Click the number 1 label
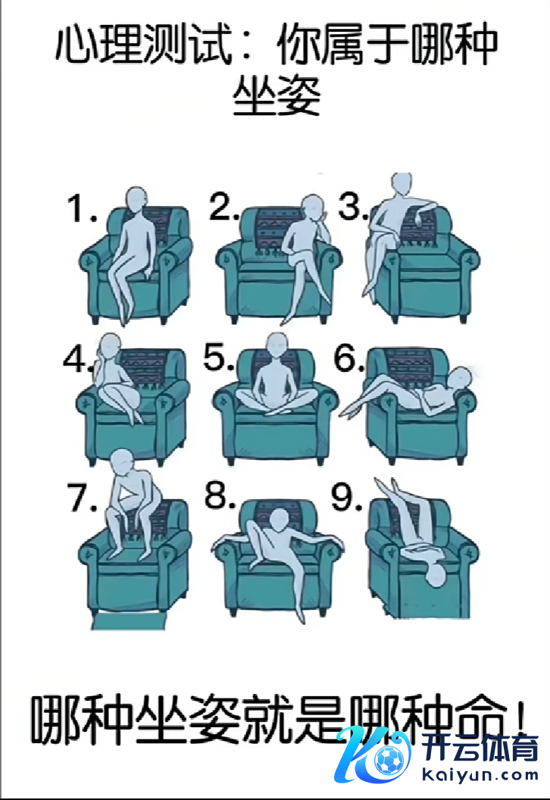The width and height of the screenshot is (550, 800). pos(82,208)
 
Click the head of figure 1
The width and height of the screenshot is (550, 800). pos(136,199)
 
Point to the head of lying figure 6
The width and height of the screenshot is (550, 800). pos(460,379)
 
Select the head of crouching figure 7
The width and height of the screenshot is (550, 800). pos(123,461)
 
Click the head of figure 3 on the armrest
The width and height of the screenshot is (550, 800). pos(402,183)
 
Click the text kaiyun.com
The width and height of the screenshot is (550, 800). pos(480,775)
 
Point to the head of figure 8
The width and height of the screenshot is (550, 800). pos(278,520)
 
